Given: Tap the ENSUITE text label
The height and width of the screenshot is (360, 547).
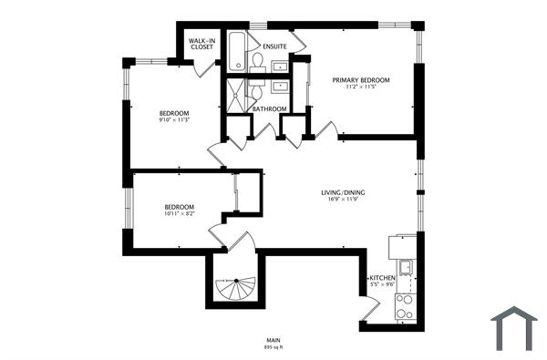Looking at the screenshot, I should pyautogui.click(x=274, y=46).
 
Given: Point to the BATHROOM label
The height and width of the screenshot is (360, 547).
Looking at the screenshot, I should pyautogui.click(x=270, y=109).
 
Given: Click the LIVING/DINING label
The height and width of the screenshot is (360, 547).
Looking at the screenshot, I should pyautogui.click(x=343, y=193).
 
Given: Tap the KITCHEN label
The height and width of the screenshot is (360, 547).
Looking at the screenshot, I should pyautogui.click(x=381, y=277).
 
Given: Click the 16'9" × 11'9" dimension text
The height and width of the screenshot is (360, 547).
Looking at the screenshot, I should pyautogui.click(x=343, y=201).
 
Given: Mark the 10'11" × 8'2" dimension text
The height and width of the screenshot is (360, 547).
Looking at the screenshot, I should pyautogui.click(x=180, y=214).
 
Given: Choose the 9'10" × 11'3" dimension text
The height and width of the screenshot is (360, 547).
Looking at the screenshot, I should pyautogui.click(x=174, y=119).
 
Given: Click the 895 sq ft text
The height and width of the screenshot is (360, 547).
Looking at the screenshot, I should pyautogui.click(x=273, y=347).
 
